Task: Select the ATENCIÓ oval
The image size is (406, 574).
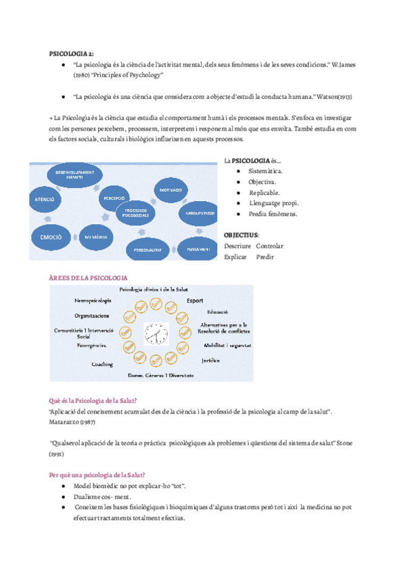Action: coord(45,200)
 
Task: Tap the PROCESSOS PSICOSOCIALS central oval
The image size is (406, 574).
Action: coord(136,213)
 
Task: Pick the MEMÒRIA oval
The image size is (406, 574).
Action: coord(96,238)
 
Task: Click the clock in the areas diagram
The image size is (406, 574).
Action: coord(155,334)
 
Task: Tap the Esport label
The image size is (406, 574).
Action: coord(196,301)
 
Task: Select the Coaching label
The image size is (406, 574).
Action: coord(102,364)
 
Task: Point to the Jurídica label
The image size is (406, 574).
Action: coord(210,361)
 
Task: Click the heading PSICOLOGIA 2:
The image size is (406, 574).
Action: coord(72,53)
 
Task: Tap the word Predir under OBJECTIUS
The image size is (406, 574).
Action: coord(265,257)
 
